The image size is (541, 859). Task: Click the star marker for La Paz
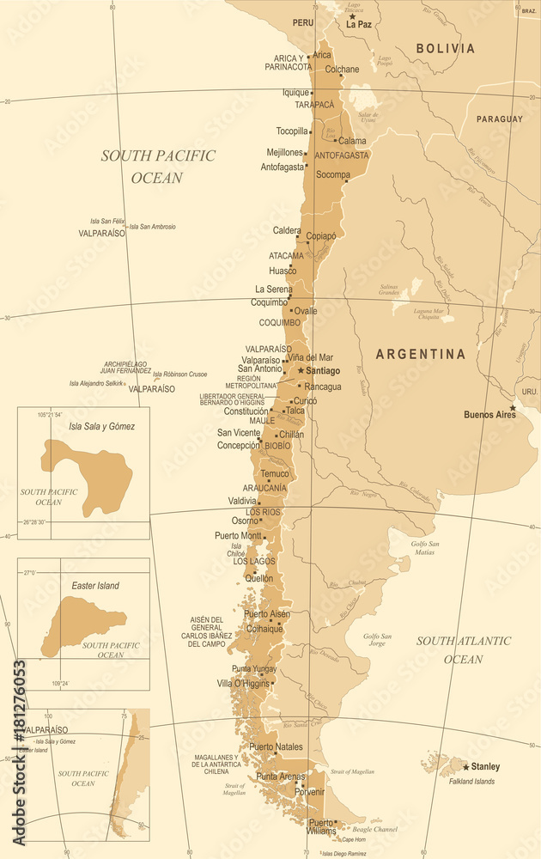point(351,16)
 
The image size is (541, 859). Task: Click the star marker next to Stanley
point(466,766)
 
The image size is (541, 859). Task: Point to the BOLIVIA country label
point(445,49)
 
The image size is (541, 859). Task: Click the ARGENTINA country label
point(421,354)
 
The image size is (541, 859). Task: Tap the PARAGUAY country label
point(500,119)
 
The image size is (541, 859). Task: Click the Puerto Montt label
point(238,536)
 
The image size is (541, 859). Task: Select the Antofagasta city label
point(283,167)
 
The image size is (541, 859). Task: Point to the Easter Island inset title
point(95,586)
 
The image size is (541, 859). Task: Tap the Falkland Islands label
point(472,782)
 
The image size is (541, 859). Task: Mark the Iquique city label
point(295,93)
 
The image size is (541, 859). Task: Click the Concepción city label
point(238,446)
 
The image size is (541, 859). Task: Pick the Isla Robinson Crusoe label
point(179,375)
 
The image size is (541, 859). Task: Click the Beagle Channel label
point(374,829)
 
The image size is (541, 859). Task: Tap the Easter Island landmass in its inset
point(82,622)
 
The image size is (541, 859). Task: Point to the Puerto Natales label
point(276,747)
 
